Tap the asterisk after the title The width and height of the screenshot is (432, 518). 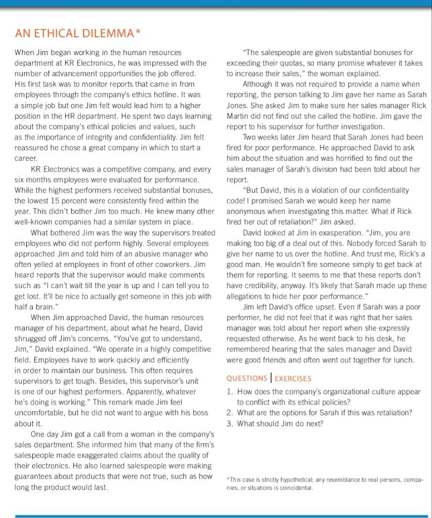138,33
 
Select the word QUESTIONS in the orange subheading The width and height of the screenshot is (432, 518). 247,378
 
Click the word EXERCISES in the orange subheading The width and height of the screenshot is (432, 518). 293,378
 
